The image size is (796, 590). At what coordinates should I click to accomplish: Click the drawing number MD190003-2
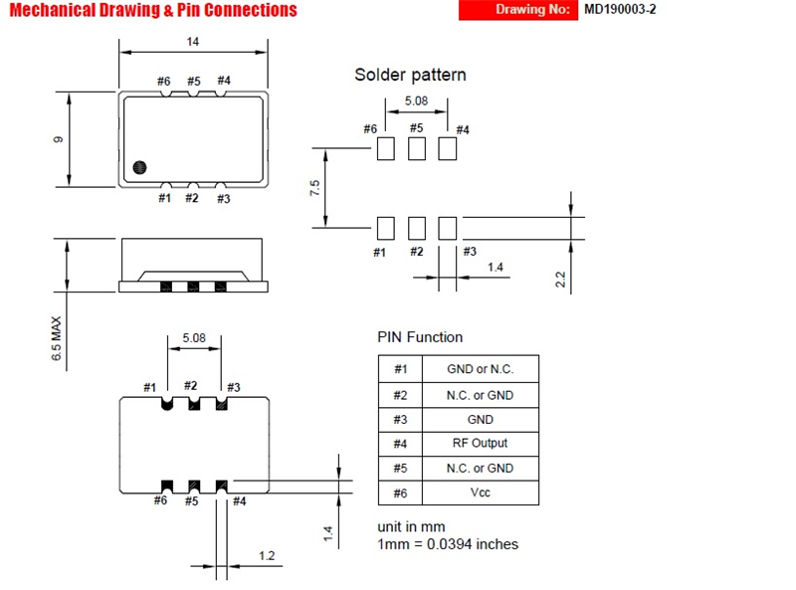pos(620,10)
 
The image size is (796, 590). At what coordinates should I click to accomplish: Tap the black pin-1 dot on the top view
pos(139,167)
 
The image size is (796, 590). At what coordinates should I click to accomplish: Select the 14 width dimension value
pos(192,42)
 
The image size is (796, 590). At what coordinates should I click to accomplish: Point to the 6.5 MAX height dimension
pos(57,338)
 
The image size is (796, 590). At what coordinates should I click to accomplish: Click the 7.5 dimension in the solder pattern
pos(314,188)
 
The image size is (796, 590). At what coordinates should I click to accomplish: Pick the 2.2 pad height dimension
pos(560,280)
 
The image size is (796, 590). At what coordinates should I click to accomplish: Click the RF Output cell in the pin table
pos(480,444)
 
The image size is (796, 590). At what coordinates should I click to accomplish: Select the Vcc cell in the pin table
pos(481,492)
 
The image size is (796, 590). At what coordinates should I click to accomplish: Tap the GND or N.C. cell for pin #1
pos(481,369)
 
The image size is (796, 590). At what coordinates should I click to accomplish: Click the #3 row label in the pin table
pos(400,420)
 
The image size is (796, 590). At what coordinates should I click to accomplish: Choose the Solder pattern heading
pos(410,75)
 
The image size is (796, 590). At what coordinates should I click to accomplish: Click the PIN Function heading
pos(420,337)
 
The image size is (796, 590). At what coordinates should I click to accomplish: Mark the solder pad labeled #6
pos(386,149)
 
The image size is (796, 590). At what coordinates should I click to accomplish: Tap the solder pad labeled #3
pos(447,228)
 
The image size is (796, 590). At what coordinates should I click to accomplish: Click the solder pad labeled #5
pos(417,149)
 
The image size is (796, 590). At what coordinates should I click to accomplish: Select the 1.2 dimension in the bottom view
pos(267,556)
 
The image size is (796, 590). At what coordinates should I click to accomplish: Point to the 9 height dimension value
pos(58,139)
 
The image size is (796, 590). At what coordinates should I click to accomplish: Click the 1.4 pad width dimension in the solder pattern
pos(495,267)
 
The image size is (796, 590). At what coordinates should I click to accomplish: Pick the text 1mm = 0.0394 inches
pos(448,544)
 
